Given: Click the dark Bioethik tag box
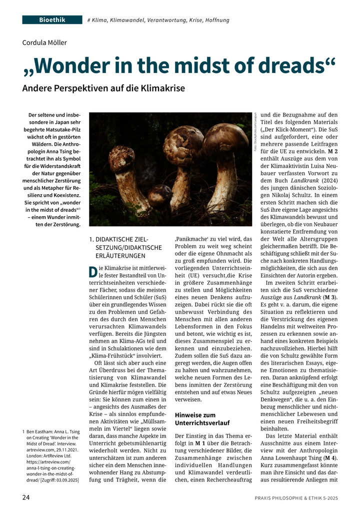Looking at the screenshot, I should [51, 20].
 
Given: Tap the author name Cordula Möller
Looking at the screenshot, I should [44, 43].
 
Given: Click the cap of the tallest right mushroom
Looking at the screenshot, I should [225, 137].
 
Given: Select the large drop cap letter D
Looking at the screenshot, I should [93, 273].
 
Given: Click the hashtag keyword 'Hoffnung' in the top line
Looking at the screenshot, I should [216, 20].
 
